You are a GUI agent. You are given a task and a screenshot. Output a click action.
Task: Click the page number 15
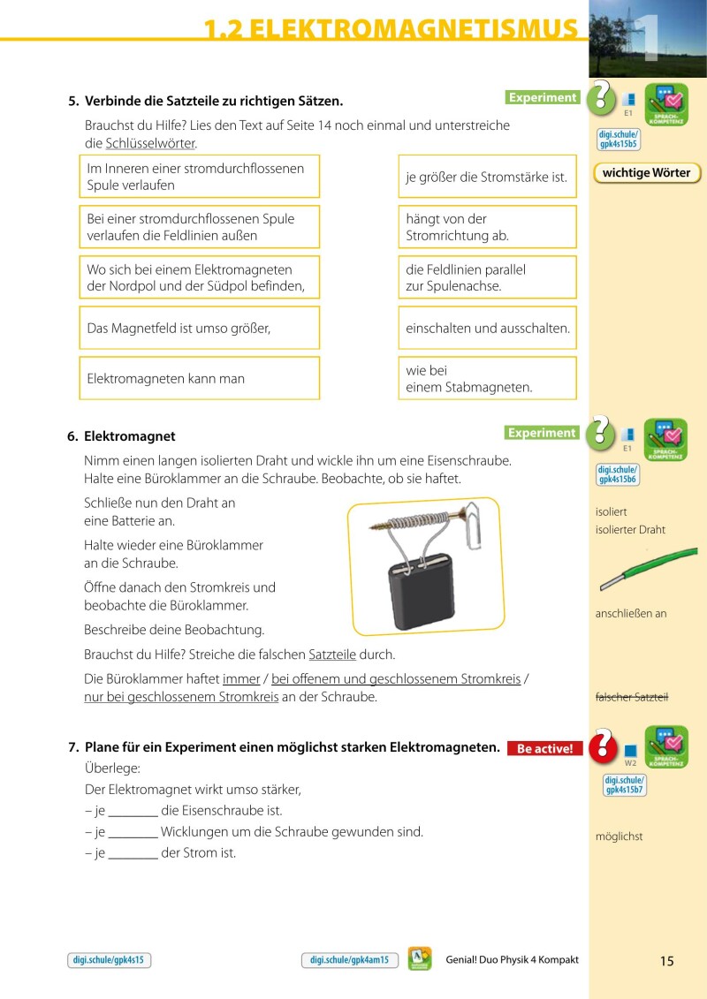pos(666,961)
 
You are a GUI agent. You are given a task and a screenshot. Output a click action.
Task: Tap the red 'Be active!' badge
pos(544,749)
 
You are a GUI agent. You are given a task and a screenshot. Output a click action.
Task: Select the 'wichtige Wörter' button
pos(646,173)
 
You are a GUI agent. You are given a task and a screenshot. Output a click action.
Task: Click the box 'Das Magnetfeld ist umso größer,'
pos(199,328)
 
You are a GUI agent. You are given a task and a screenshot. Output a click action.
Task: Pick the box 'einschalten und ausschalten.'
pos(487,328)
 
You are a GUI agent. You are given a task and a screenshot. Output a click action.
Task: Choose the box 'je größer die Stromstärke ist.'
pos(487,177)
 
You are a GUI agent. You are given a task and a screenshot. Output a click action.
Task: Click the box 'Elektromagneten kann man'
pos(199,378)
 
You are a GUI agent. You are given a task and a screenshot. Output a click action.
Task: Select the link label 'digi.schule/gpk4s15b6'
pos(618,474)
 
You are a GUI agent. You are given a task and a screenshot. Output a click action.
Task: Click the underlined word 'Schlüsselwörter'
pos(150,143)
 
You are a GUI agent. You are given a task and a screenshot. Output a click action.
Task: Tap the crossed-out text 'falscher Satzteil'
pos(632,697)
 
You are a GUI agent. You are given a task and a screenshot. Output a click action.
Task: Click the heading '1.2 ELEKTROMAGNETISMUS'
pos(390,29)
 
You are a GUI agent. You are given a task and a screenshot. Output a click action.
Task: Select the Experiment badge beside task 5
pos(543,98)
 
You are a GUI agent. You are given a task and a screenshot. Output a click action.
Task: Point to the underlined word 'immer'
pos(241,678)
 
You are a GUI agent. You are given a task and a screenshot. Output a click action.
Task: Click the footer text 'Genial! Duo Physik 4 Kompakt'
pos(513,960)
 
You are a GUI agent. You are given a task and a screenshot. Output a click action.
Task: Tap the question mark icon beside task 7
pos(602,745)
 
